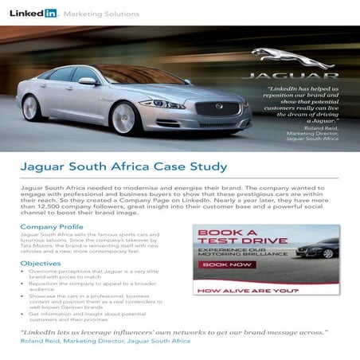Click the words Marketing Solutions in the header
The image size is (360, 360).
[x=100, y=14]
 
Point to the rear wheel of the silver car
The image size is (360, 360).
[x=32, y=107]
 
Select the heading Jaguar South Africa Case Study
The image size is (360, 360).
[x=123, y=166]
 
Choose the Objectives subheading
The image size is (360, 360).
[x=41, y=263]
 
